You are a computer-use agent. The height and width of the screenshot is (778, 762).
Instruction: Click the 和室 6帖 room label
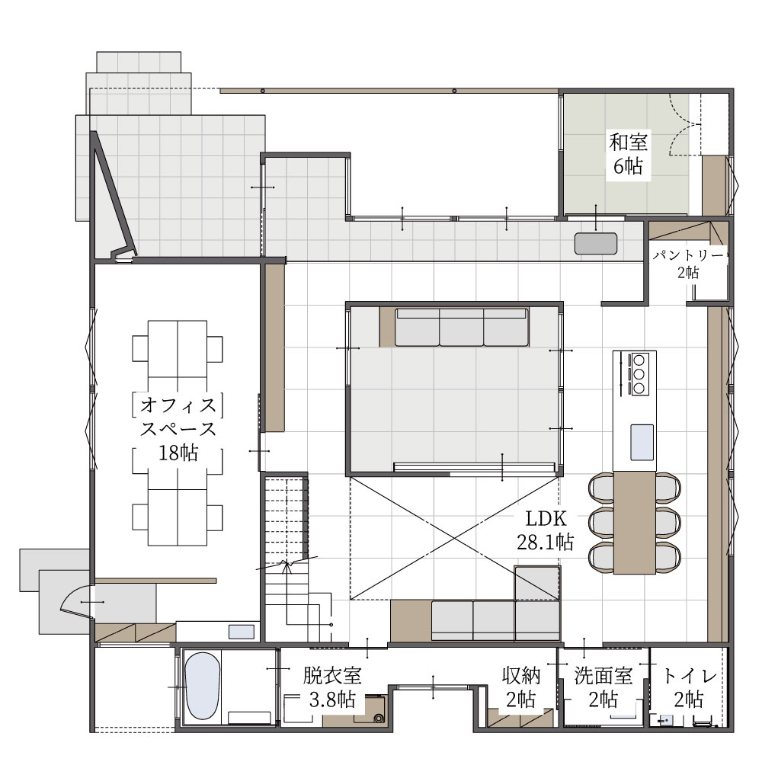pyautogui.click(x=628, y=154)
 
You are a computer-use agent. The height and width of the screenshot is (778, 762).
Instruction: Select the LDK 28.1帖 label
pyautogui.click(x=546, y=530)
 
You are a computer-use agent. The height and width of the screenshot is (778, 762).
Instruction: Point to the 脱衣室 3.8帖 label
pyautogui.click(x=332, y=687)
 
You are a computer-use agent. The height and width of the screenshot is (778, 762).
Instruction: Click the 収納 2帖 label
pyautogui.click(x=521, y=687)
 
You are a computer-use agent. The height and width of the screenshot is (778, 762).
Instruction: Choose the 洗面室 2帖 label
pyautogui.click(x=604, y=687)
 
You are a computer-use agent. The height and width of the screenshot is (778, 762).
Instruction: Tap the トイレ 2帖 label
pyautogui.click(x=689, y=687)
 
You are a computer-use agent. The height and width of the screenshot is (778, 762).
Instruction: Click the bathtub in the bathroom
pyautogui.click(x=202, y=685)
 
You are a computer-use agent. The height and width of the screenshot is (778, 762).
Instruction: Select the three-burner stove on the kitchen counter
pyautogui.click(x=639, y=373)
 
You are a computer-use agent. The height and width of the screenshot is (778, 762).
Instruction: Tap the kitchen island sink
pyautogui.click(x=642, y=442)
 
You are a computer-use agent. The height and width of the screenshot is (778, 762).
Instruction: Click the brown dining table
pyautogui.click(x=635, y=523)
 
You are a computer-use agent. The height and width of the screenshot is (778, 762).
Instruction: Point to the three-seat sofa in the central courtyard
pyautogui.click(x=462, y=327)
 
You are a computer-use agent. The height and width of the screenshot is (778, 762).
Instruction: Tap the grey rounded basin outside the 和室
pyautogui.click(x=596, y=243)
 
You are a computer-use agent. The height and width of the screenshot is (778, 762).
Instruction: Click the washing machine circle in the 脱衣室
pyautogui.click(x=379, y=718)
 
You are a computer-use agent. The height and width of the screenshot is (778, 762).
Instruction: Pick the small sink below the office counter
pyautogui.click(x=242, y=632)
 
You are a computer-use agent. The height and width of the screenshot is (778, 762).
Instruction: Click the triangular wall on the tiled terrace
pyautogui.click(x=111, y=194)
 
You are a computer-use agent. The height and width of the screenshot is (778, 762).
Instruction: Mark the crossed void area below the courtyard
pyautogui.click(x=454, y=538)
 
